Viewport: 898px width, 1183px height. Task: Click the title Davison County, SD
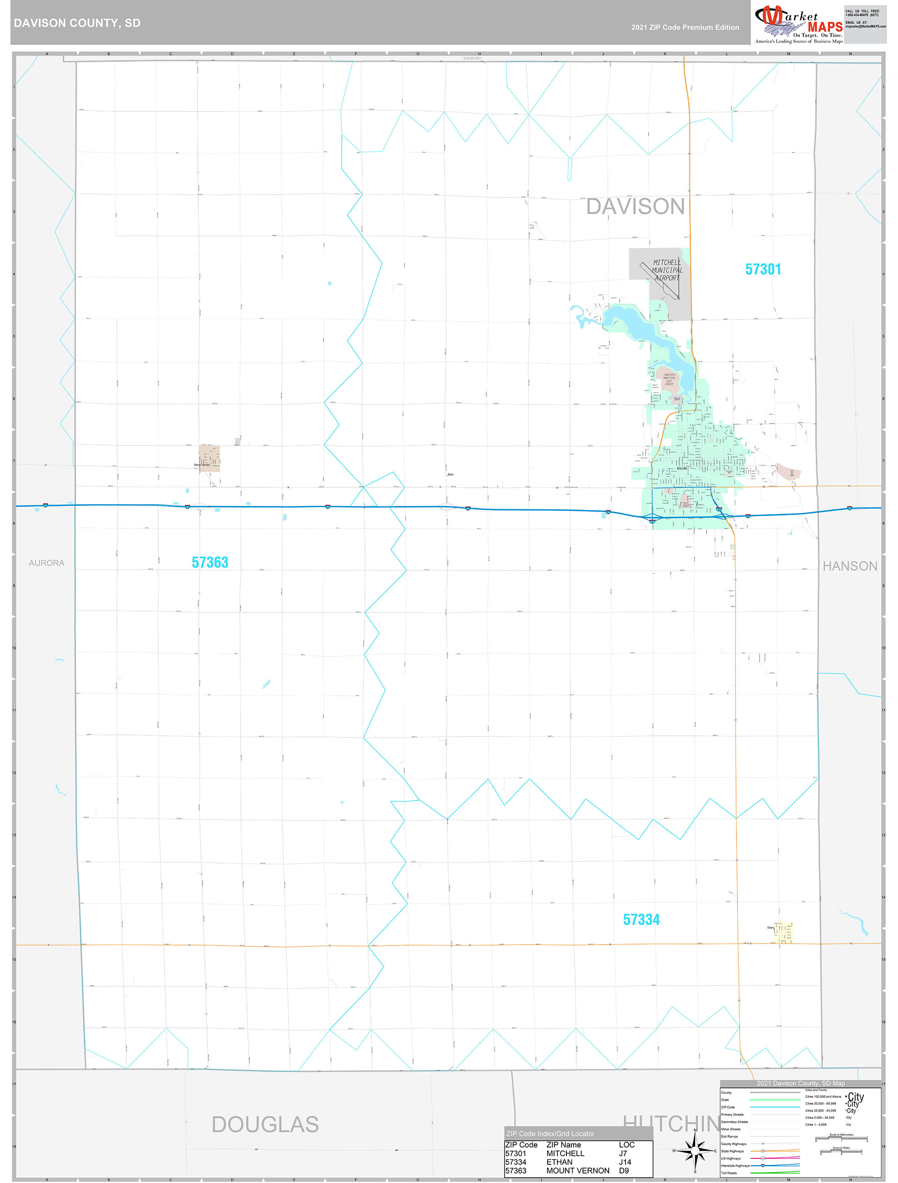pyautogui.click(x=77, y=23)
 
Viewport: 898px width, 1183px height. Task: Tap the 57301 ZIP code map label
pyautogui.click(x=763, y=269)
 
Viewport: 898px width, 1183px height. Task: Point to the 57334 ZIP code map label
pyautogui.click(x=641, y=920)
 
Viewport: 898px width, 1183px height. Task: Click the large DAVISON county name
pyautogui.click(x=635, y=207)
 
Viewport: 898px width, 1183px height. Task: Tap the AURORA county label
pyautogui.click(x=46, y=563)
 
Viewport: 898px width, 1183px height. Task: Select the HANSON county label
pyautogui.click(x=849, y=566)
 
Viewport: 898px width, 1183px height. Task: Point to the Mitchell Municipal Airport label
pyautogui.click(x=666, y=270)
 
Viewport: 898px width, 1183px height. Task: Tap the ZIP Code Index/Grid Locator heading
pyautogui.click(x=550, y=1133)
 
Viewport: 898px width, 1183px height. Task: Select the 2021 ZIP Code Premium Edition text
pyautogui.click(x=685, y=27)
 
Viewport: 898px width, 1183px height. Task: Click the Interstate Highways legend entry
pyautogui.click(x=736, y=1165)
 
